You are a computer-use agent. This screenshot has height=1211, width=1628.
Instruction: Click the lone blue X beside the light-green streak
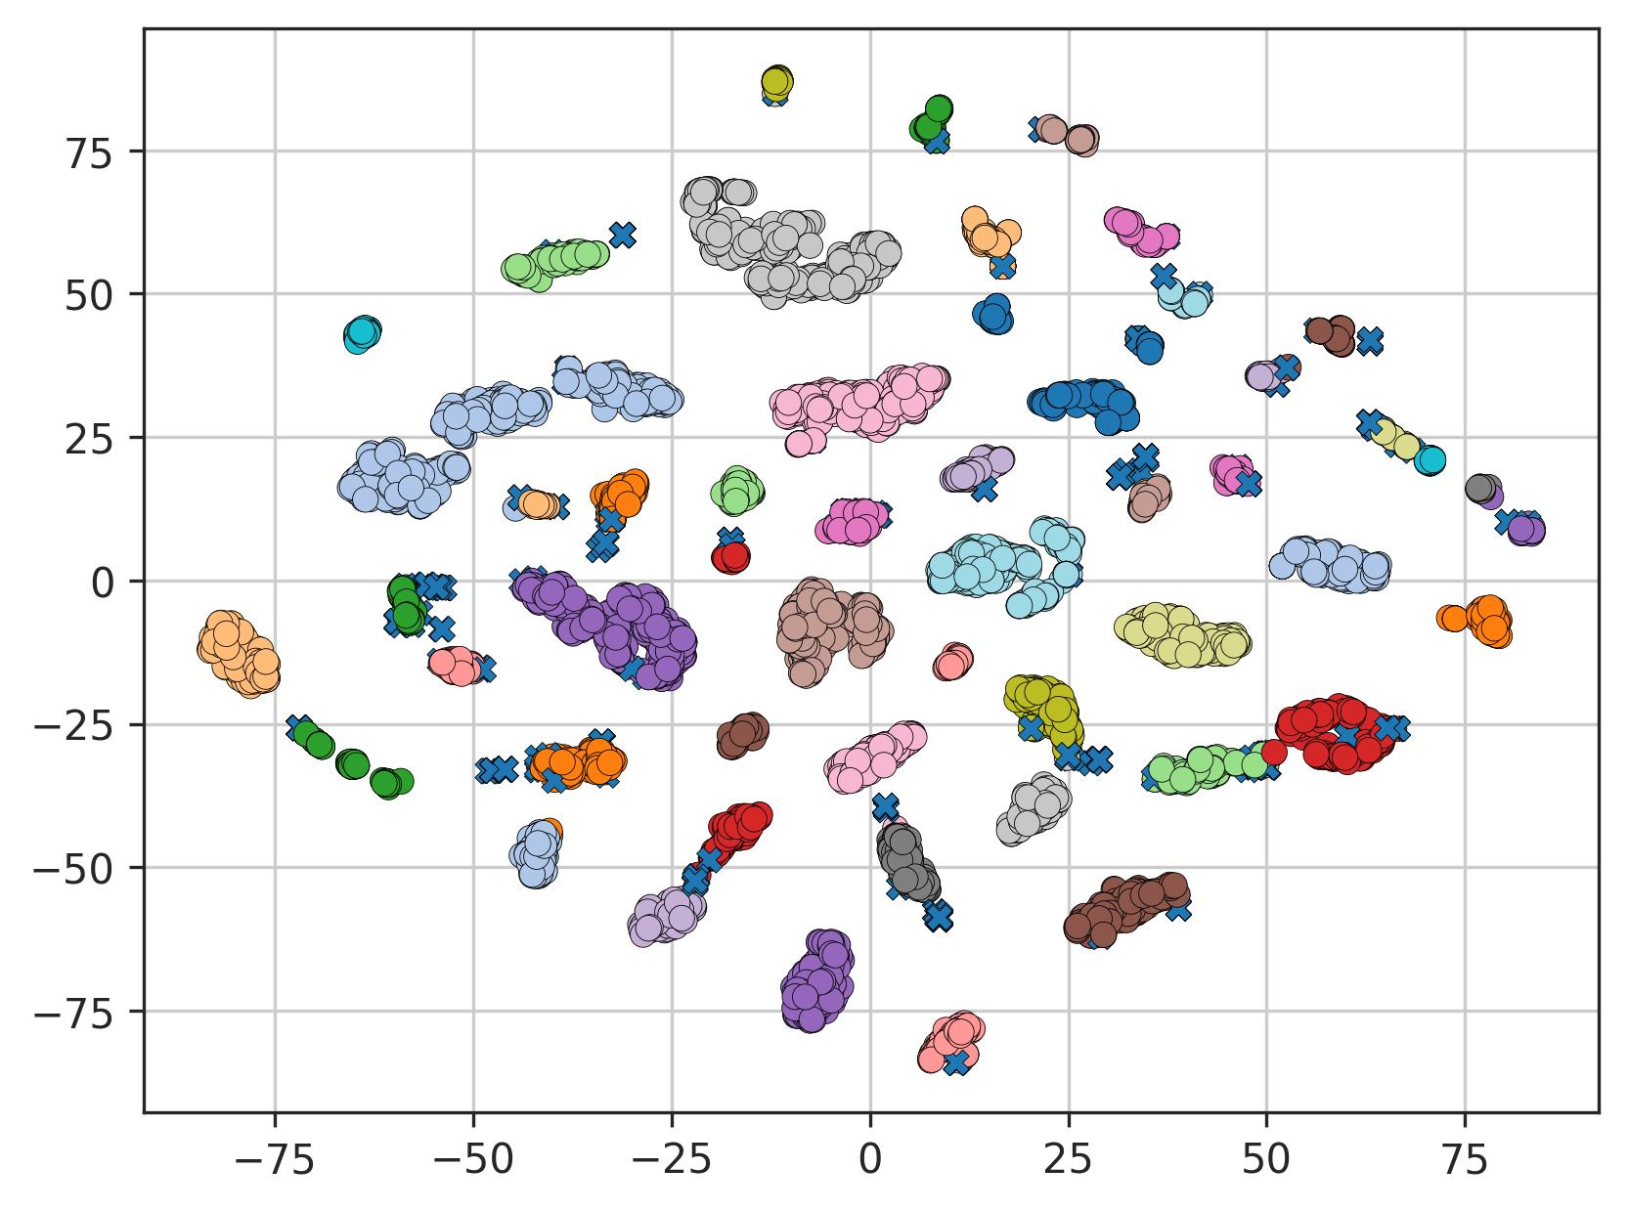623,235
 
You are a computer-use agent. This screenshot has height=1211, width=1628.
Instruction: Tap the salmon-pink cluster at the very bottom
949,1042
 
